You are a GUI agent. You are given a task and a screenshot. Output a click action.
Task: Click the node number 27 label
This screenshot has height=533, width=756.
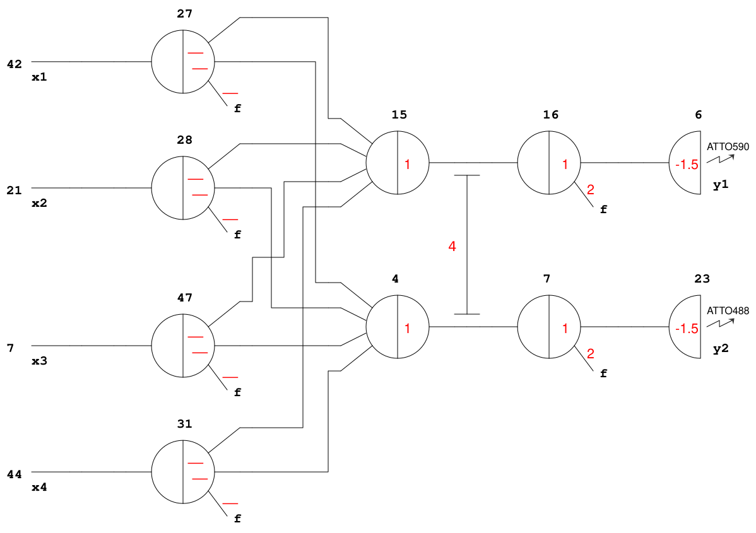pos(184,13)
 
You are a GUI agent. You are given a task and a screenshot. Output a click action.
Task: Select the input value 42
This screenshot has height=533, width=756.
pos(15,64)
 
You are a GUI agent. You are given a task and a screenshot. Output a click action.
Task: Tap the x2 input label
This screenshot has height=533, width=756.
pos(39,204)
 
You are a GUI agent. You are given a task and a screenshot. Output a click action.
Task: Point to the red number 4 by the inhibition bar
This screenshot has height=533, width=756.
pos(452,247)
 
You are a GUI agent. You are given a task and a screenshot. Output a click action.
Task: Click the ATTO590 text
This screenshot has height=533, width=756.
pos(728,147)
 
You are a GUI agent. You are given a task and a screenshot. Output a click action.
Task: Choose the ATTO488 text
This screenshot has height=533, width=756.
pos(728,310)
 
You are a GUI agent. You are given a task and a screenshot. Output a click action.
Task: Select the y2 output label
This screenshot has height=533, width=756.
pos(720,349)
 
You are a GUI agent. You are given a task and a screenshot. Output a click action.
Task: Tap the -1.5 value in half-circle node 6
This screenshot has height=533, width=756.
pos(686,165)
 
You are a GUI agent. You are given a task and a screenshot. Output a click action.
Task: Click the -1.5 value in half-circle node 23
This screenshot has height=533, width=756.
pos(686,329)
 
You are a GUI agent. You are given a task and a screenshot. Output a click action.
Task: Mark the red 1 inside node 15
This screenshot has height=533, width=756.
pos(407,165)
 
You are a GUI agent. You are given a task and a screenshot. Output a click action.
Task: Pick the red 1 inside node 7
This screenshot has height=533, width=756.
pos(565,328)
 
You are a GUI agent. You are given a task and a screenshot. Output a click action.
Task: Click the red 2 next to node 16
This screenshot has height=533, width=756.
pos(591,189)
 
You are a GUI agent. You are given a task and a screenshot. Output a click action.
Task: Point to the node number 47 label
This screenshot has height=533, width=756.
pos(184,297)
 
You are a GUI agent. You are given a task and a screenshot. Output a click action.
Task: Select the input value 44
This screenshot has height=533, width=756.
pos(15,474)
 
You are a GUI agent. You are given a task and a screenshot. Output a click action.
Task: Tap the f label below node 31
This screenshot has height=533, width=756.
pos(237,519)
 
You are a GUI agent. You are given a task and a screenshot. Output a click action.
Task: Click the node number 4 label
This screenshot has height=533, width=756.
pos(395,278)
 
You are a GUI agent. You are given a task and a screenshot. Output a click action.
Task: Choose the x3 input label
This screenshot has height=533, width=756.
pos(39,361)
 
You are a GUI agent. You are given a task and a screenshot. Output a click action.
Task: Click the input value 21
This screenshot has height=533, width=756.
pos(15,190)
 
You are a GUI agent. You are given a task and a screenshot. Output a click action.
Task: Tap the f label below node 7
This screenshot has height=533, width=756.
pos(603,373)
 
